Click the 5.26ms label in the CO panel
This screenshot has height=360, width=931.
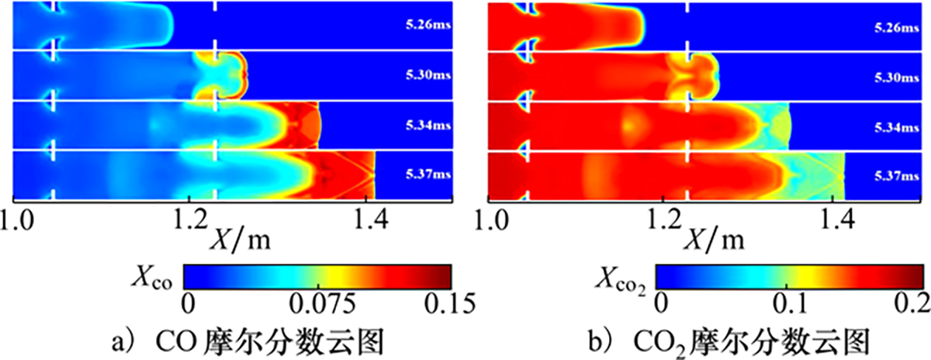[426, 26]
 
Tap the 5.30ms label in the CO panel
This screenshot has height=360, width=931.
[426, 77]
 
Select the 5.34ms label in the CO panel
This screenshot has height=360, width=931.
[426, 126]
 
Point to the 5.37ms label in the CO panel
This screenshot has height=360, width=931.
[426, 175]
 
